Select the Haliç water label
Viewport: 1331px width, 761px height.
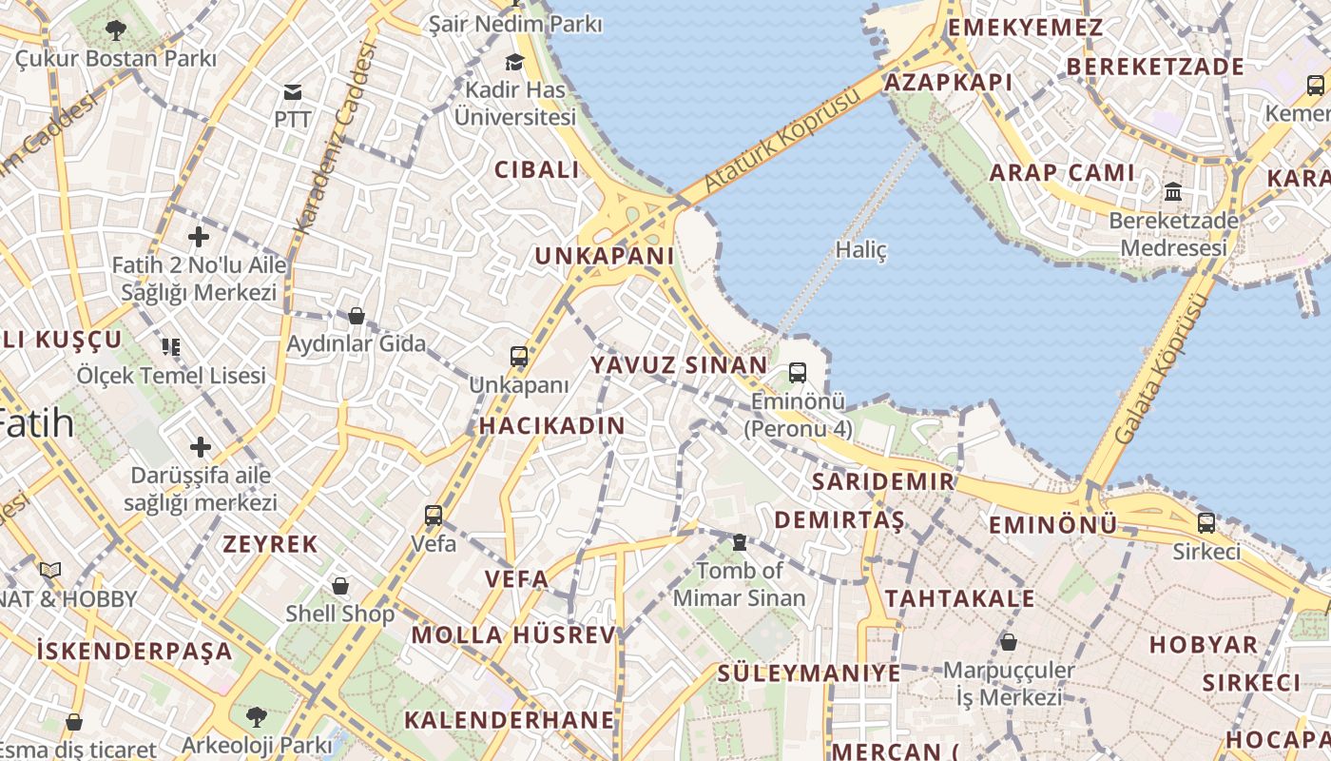(x=860, y=250)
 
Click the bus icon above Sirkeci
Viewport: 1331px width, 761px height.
(x=1206, y=522)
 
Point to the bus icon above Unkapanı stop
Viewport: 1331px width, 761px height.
(x=518, y=357)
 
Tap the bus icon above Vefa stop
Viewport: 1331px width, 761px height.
(x=434, y=516)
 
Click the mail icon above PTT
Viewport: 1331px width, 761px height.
(x=292, y=92)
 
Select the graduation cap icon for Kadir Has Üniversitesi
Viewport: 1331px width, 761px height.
(x=514, y=63)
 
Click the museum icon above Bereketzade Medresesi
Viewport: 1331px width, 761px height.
(x=1173, y=191)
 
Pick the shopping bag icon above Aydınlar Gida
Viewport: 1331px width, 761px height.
(x=357, y=316)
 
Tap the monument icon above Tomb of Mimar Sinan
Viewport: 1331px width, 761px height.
(x=739, y=542)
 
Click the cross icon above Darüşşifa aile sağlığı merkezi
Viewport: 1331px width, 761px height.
(x=200, y=446)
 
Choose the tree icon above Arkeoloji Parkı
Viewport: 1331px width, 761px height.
(x=256, y=716)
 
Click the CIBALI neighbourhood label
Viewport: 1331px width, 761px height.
(x=536, y=170)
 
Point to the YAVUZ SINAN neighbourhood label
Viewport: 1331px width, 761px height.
(x=679, y=365)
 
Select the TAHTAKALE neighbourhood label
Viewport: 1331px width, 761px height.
(x=960, y=598)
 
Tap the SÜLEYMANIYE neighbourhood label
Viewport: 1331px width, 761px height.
(x=808, y=673)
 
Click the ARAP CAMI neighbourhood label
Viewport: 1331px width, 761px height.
(x=1062, y=173)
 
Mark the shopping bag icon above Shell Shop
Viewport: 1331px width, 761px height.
(x=340, y=586)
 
